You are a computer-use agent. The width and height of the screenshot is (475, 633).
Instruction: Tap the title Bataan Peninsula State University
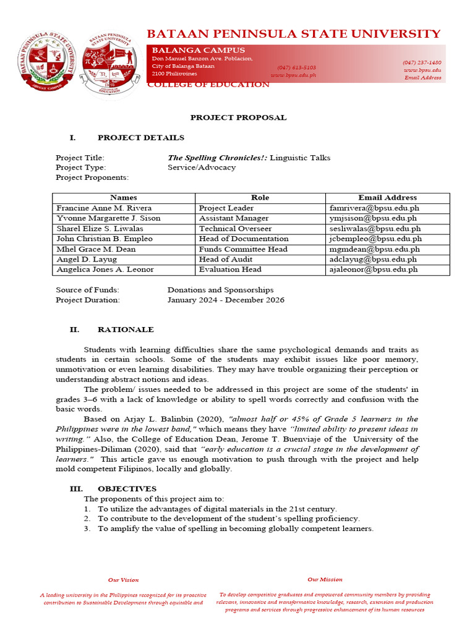pos(293,33)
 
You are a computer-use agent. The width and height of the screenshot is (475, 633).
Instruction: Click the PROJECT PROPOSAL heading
pos(238,117)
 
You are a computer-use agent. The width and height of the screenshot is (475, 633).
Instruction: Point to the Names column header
pos(123,198)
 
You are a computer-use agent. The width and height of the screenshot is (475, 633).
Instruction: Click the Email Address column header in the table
pos(387,198)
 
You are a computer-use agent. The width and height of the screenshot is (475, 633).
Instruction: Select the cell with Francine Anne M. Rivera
pos(104,208)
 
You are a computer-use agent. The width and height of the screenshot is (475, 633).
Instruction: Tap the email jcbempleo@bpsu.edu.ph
pos(375,239)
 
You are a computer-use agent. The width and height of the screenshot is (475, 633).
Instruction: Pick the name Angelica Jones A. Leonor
pos(105,270)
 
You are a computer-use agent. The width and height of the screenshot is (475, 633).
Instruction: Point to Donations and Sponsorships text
pos(220,290)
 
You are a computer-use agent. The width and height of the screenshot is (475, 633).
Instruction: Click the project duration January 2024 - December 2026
pos(226,300)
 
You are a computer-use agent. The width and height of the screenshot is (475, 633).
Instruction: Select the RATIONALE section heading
pos(126,330)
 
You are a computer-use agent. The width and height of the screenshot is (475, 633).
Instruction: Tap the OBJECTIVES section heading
pos(127,489)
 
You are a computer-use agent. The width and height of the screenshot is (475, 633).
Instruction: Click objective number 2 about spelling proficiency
pos(228,519)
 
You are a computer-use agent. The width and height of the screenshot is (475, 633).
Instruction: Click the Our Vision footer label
pos(123,580)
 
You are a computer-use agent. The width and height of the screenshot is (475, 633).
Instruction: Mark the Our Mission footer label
pos(325,579)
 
